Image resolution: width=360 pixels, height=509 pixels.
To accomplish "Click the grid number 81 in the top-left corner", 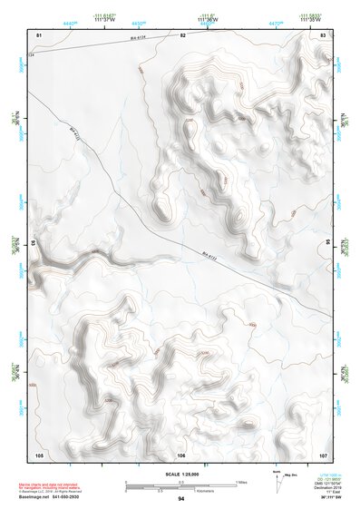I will [x=38, y=34].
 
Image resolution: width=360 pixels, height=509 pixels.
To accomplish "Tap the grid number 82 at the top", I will [x=181, y=34].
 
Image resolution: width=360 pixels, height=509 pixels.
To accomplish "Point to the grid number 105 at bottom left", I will [x=39, y=454].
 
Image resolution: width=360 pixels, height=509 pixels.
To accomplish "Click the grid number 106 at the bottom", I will [x=181, y=454].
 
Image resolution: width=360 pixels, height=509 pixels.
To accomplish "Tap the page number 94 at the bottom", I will [x=181, y=499].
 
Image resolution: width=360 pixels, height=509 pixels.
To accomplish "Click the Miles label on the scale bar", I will [x=240, y=481].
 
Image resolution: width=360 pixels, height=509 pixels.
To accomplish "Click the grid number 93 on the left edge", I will [x=34, y=243].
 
